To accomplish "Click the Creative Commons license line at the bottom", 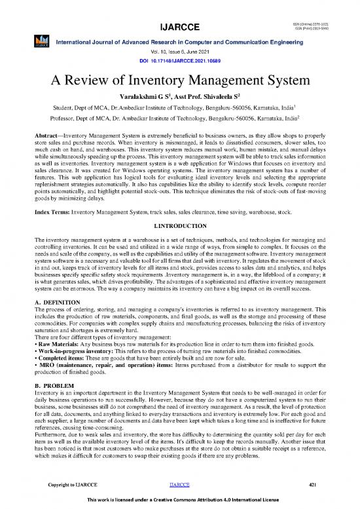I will click(179, 500).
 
